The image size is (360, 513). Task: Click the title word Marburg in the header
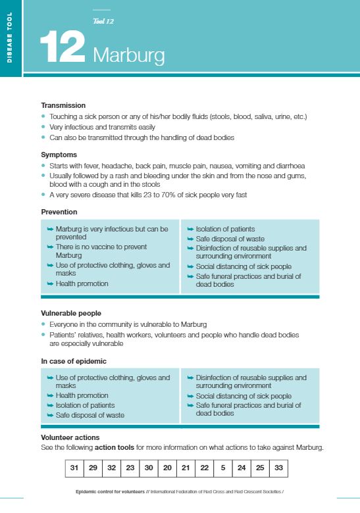(128, 55)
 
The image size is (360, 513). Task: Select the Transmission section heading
(63, 105)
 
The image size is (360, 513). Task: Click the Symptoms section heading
(59, 155)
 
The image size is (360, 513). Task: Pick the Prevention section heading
(59, 212)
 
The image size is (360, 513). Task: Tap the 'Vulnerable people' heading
(71, 314)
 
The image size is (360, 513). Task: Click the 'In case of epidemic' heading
(74, 361)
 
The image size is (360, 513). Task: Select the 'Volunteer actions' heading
(70, 437)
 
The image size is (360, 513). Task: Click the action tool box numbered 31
(75, 468)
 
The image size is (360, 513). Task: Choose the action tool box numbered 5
(223, 468)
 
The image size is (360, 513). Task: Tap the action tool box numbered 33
(279, 468)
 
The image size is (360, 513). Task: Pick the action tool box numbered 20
(168, 468)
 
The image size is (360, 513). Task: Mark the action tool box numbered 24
(242, 468)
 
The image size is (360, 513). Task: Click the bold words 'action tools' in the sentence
(115, 447)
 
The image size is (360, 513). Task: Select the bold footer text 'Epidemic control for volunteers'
(111, 491)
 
